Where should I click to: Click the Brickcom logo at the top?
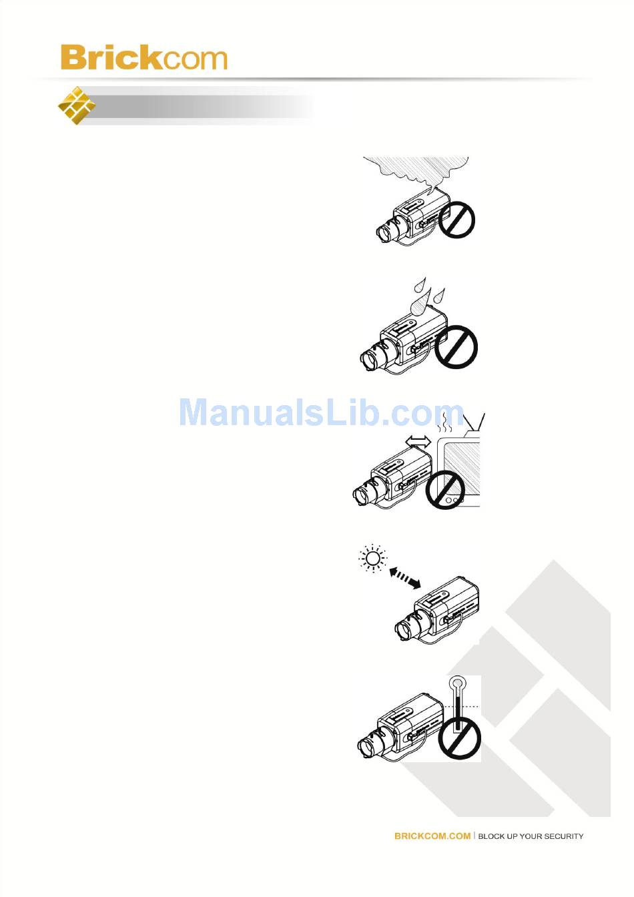(x=143, y=58)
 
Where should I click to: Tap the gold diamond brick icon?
(x=76, y=105)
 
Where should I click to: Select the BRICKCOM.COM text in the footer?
(x=432, y=836)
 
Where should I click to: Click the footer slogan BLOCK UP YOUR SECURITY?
(x=531, y=836)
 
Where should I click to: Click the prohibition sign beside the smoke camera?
(x=456, y=220)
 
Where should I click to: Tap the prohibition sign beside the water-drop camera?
(x=456, y=346)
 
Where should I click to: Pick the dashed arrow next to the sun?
(x=405, y=578)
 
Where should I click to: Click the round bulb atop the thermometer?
(x=456, y=683)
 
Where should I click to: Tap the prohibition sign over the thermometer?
(x=460, y=739)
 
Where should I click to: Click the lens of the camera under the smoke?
(x=386, y=232)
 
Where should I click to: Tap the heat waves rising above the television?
(x=442, y=423)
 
